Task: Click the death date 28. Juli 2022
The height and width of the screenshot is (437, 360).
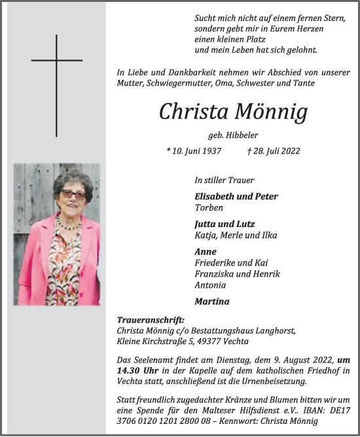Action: tap(274, 151)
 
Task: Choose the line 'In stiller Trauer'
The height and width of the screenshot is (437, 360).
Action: tap(225, 180)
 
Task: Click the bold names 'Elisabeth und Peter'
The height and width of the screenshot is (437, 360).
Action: tap(236, 196)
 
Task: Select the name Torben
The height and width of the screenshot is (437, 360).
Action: tap(208, 207)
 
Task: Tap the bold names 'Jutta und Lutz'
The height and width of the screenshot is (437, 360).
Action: tap(225, 224)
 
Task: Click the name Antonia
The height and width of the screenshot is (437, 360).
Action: tap(210, 285)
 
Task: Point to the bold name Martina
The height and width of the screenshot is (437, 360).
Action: tap(213, 302)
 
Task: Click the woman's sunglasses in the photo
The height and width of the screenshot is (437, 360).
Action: tap(73, 195)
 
